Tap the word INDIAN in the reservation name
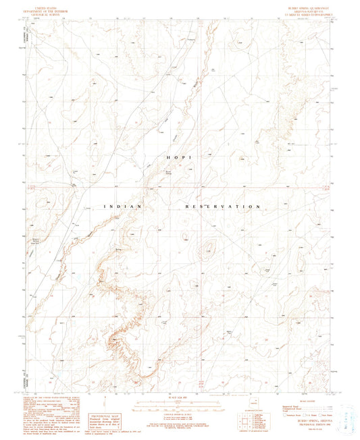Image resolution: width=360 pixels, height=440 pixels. [122, 205]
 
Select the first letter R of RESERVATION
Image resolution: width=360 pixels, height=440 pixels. [187, 206]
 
